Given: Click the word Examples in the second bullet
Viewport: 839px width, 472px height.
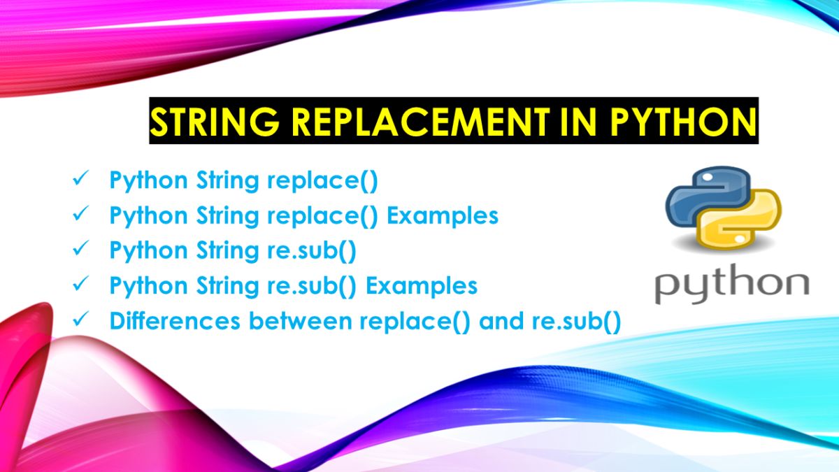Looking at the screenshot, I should click(x=443, y=216).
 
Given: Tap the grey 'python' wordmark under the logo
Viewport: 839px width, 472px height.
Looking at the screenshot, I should click(x=731, y=285).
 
